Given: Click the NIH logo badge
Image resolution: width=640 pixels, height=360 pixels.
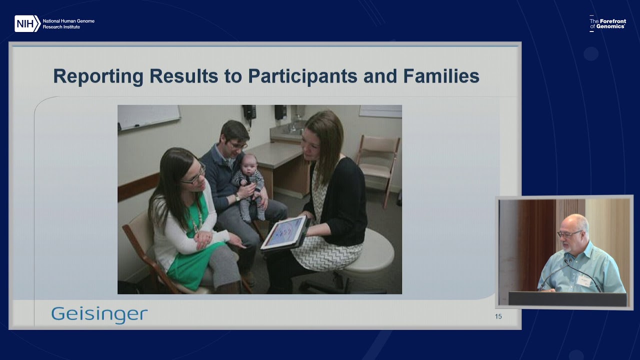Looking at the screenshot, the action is point(27,23).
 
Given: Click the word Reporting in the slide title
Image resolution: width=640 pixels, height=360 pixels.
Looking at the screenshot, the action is point(98,76).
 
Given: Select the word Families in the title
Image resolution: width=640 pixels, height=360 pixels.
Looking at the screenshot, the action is point(441,76).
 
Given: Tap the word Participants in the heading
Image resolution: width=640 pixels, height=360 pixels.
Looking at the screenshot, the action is point(302,76).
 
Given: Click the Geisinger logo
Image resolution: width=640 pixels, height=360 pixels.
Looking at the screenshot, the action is point(99,315).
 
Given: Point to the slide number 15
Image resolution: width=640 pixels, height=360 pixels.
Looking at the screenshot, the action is point(498,316).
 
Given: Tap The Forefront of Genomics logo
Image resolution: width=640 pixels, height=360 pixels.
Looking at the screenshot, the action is point(607,23).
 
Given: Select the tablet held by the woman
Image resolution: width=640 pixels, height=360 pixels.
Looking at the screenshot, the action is point(284,233).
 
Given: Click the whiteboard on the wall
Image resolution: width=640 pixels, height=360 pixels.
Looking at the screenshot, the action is point(148,117).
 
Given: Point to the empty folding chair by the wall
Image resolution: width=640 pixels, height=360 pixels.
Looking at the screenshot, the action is point(378,165).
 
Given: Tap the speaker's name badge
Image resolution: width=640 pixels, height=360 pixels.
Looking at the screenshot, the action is point(583,280).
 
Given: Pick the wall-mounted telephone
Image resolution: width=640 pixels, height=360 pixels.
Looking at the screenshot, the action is point(249,113).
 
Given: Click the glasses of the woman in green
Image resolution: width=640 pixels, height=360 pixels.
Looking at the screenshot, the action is point(195,175).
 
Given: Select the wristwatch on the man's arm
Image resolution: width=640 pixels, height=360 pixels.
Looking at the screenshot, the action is point(237,197).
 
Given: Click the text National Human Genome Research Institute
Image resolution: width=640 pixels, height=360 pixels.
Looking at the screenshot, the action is point(68,24).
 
